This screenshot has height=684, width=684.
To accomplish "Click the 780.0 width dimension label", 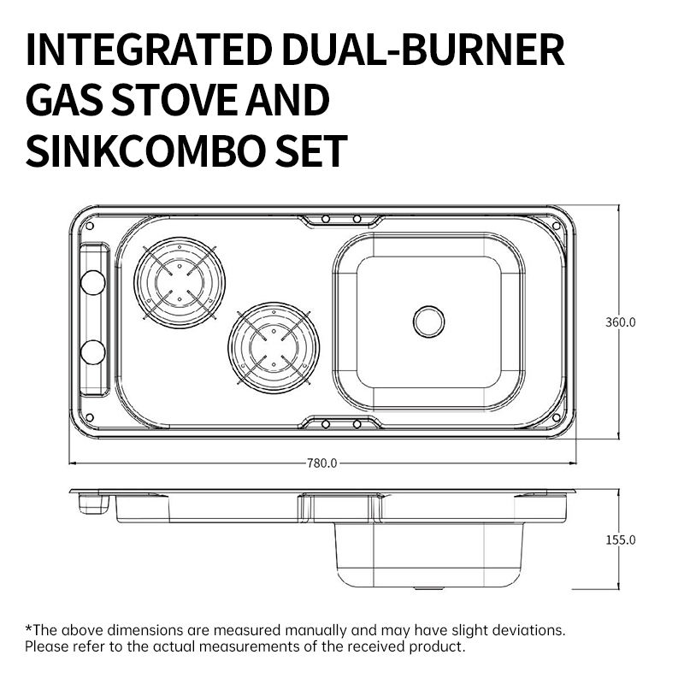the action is (x=322, y=463).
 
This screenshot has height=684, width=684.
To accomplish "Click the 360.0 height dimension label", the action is (x=622, y=322).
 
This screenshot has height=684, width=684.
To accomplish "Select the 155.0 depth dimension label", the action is (x=622, y=540).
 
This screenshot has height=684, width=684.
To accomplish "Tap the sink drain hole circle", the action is (x=428, y=321).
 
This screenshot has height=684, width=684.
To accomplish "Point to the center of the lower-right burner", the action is (x=274, y=347).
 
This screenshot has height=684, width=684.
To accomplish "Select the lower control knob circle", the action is (x=92, y=351).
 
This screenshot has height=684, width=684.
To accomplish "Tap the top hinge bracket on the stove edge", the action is (x=340, y=221).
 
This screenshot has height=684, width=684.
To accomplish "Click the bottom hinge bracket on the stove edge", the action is (x=340, y=423).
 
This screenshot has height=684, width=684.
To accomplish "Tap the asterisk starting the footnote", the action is (x=28, y=628).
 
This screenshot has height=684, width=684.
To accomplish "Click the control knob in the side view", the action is (x=94, y=505).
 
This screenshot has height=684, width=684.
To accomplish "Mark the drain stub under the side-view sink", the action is (x=425, y=588).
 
